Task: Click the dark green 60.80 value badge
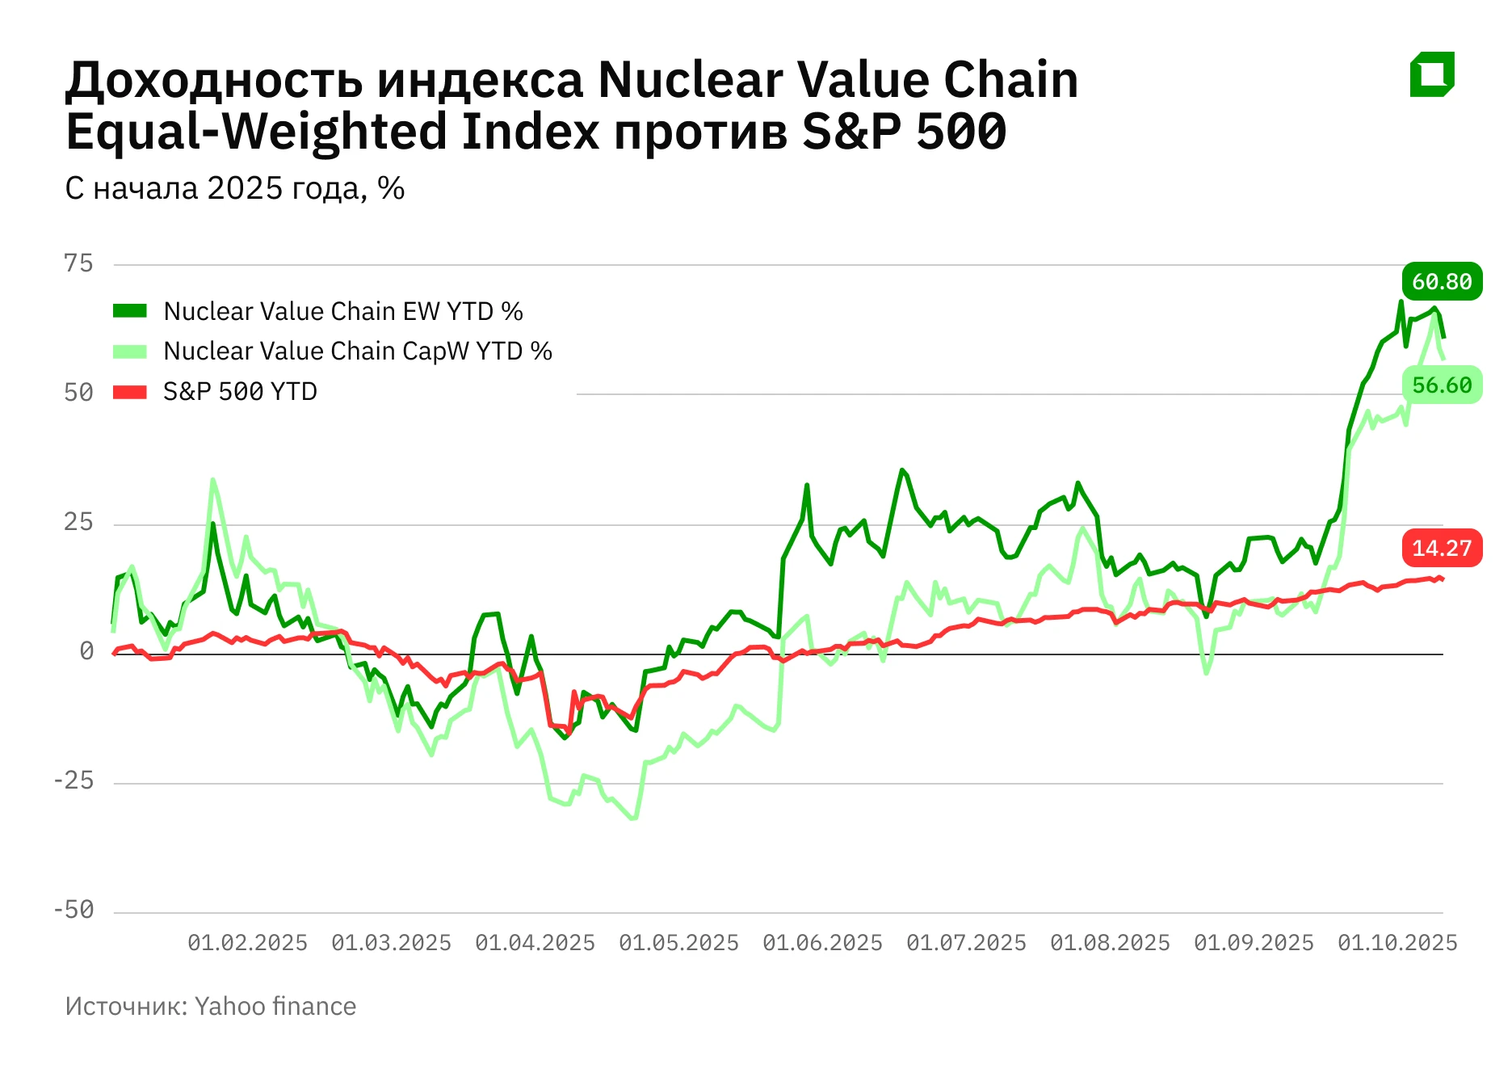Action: point(1442,281)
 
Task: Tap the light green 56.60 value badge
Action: point(1442,385)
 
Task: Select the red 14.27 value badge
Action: point(1442,548)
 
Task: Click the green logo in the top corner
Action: point(1432,74)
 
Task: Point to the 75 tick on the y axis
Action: point(78,263)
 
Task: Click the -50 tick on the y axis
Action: point(73,911)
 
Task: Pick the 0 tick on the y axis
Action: point(86,651)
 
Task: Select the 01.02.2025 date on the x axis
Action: point(247,943)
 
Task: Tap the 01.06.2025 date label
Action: point(822,943)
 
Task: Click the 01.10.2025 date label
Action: point(1397,943)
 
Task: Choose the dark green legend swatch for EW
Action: point(129,311)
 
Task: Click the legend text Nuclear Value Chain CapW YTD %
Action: point(357,351)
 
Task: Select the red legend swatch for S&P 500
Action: point(129,392)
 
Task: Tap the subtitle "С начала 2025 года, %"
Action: point(234,188)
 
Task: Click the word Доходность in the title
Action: point(214,81)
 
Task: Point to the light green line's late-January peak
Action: point(212,480)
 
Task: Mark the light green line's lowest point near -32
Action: point(633,818)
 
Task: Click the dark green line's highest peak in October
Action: point(1401,302)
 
